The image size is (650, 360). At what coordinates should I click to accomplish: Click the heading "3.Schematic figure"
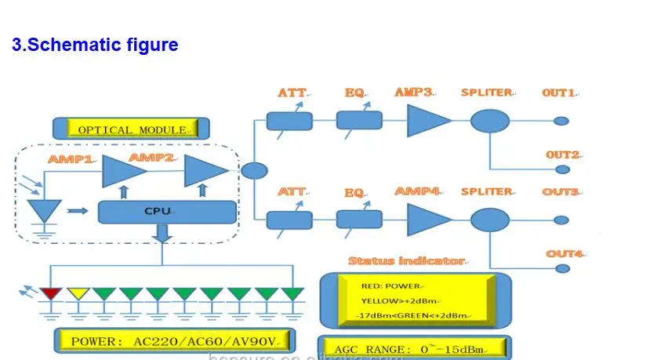click(95, 45)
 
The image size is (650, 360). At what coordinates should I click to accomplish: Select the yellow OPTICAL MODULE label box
click(131, 129)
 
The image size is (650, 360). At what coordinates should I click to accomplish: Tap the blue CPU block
click(166, 211)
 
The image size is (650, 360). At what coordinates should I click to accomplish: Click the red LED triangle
click(51, 294)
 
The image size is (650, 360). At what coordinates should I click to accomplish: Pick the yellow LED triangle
click(78, 294)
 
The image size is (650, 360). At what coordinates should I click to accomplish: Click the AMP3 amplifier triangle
click(427, 121)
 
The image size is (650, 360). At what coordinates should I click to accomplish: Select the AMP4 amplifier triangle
click(427, 219)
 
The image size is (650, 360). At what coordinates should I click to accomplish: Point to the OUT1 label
click(559, 93)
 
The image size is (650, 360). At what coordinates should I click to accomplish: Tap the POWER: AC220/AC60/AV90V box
click(175, 341)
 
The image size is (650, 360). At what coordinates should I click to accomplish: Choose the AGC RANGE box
click(415, 348)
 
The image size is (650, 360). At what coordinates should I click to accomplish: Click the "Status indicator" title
click(406, 260)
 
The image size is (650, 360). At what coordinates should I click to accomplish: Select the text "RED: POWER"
click(391, 286)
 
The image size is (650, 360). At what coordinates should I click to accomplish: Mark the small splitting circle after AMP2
click(253, 170)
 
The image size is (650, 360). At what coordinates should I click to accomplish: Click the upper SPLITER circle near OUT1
click(490, 121)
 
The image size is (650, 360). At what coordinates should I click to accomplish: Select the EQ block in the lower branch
click(359, 219)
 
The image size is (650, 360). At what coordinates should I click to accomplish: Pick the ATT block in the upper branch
click(289, 121)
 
